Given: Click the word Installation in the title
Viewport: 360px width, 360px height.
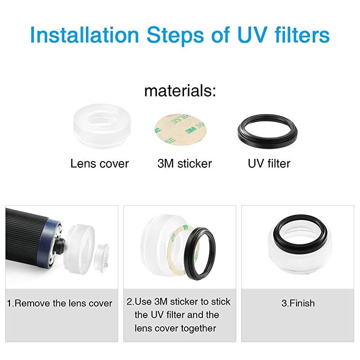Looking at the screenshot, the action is [x=85, y=35].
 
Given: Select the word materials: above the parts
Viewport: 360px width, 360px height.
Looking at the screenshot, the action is [x=180, y=91].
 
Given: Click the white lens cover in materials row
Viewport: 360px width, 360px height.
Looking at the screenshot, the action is [x=102, y=126].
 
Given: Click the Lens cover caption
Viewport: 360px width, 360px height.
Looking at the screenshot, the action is [x=99, y=164].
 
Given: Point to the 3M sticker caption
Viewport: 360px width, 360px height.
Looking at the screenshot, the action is [x=184, y=164].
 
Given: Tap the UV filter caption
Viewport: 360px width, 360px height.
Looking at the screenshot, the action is [x=269, y=164].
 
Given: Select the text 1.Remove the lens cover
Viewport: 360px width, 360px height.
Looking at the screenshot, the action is [x=59, y=303].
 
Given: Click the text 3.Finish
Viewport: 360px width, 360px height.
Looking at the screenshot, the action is [x=298, y=303].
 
